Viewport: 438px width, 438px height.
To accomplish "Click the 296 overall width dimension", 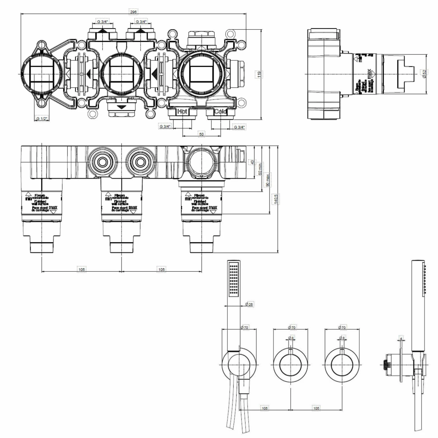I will [x=133, y=12].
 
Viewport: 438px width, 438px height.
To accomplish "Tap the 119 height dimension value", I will [x=259, y=74].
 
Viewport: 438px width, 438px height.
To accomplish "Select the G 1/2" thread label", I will [x=41, y=119].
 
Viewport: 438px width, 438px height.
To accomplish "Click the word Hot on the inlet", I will [x=182, y=111].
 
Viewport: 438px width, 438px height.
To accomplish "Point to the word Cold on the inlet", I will [x=220, y=111].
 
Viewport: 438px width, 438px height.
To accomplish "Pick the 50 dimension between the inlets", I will [x=201, y=134].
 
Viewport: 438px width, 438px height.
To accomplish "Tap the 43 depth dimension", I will [x=252, y=162].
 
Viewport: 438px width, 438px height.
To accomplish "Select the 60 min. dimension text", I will [x=260, y=169].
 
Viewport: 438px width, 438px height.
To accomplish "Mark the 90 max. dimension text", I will [x=267, y=180].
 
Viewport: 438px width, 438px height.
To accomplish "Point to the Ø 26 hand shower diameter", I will [x=249, y=304].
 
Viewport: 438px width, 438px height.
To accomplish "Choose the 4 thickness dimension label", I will [x=401, y=338].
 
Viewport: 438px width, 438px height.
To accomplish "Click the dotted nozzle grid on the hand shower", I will [x=234, y=279].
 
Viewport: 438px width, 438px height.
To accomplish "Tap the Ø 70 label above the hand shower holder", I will [x=244, y=327].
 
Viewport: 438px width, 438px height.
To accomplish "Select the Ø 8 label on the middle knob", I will [x=291, y=338].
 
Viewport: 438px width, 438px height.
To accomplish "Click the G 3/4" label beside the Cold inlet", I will [x=239, y=127].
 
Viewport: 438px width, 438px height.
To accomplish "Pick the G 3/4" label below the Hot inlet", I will [x=165, y=126].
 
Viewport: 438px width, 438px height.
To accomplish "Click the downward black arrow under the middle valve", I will [x=121, y=107].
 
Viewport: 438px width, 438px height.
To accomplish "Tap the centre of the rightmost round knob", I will [x=342, y=365].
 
